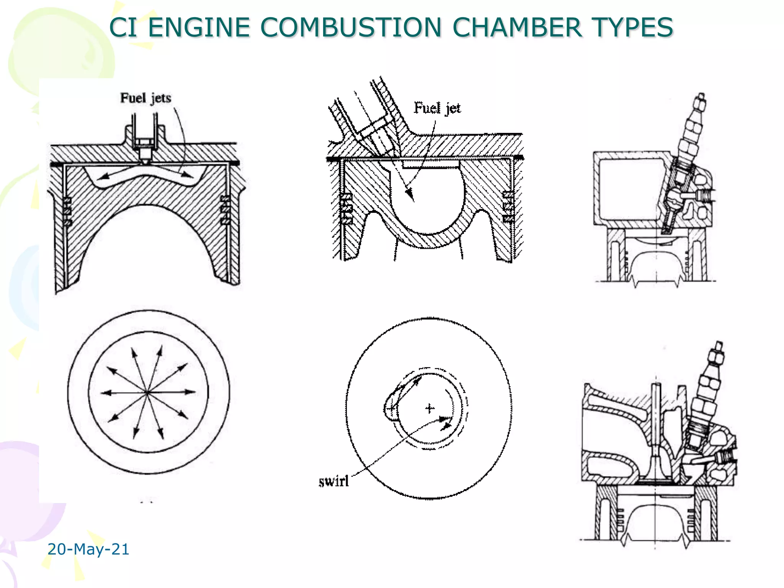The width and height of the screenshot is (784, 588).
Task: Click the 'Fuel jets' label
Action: coord(145,98)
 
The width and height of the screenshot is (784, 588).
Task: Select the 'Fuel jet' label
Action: coord(437,108)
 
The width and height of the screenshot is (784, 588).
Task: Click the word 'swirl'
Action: coord(333,481)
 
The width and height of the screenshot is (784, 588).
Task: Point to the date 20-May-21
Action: coord(88,549)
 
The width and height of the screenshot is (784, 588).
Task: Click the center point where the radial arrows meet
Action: coord(147,392)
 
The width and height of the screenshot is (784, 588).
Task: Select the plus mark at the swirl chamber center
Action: coord(430,408)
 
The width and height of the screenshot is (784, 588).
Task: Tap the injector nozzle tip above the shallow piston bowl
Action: coord(145,160)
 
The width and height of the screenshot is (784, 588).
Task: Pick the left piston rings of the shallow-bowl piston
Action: coord(67,211)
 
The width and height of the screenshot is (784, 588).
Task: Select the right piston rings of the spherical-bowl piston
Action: coord(508,207)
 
